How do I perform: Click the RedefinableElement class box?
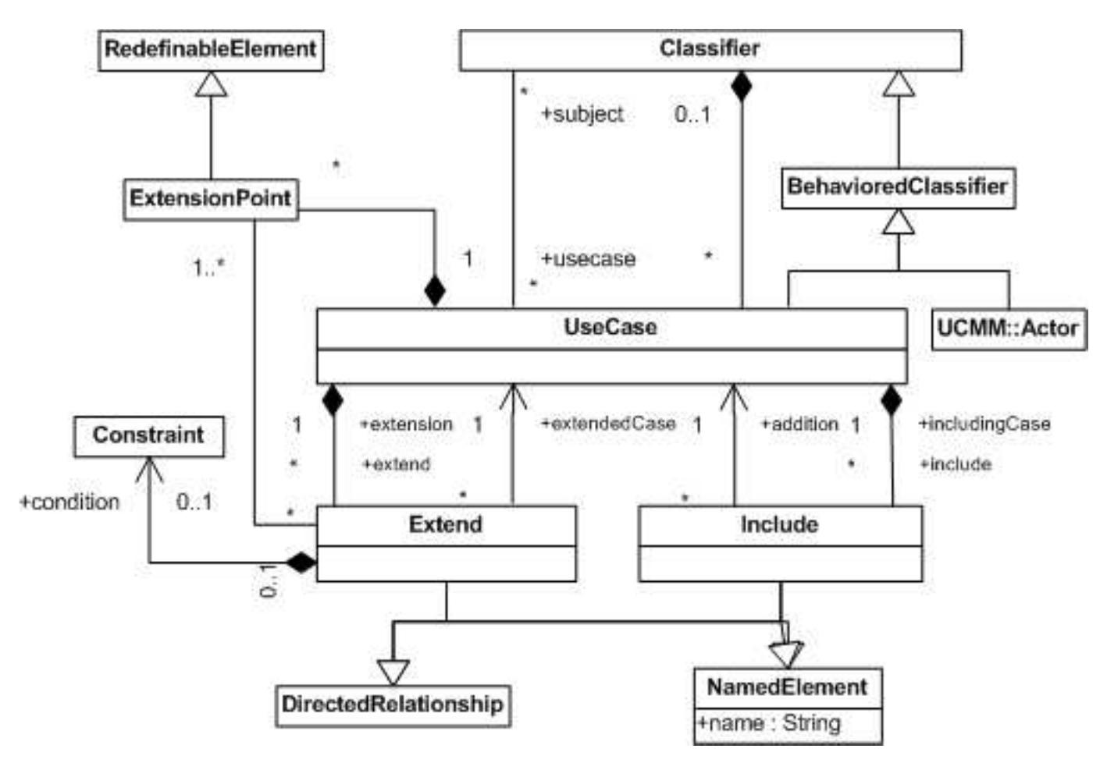pos(211,49)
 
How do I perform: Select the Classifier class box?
pos(710,49)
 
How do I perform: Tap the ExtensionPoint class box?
pos(210,198)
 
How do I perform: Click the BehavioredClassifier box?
pos(898,187)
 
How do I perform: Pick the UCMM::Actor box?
pos(1008,328)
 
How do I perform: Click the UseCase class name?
pos(611,327)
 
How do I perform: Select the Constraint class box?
pos(148,435)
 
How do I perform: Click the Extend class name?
pos(446,524)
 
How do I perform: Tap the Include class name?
pos(779,524)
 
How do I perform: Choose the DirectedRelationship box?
pos(393,704)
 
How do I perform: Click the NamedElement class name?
pos(787,687)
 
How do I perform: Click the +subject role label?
pos(582,115)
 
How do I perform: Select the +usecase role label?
pos(588,259)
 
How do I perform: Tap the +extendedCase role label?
pos(608,424)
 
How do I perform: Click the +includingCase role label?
pos(984,424)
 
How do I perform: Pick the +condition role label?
pos(69,502)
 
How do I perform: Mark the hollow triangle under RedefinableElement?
pos(211,83)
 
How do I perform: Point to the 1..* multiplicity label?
pos(208,268)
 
